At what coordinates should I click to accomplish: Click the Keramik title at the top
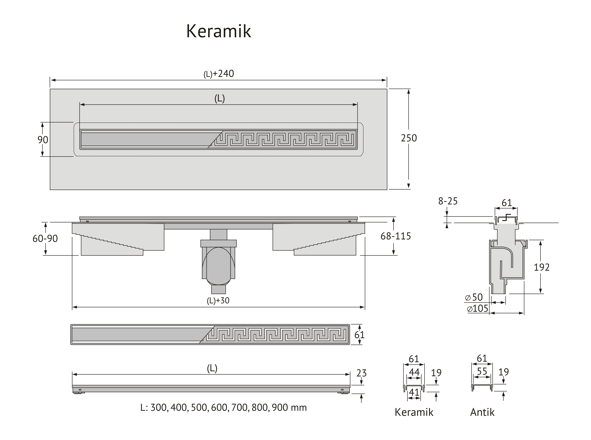219,31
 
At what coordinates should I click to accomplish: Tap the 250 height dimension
409,138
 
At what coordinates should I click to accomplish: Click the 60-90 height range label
45,238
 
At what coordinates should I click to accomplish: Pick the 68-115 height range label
396,236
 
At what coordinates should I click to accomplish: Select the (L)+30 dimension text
218,300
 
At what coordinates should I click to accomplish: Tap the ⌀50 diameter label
474,297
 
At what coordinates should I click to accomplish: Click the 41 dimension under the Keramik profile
414,392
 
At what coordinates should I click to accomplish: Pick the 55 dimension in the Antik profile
482,371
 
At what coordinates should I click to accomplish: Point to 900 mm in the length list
290,408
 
